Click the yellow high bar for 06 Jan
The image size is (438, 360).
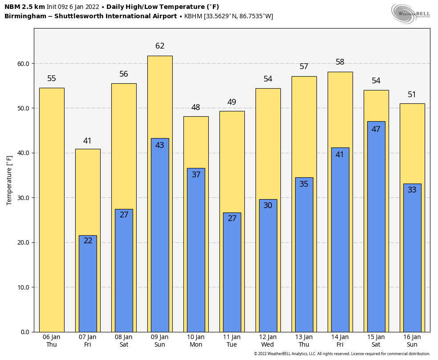point(52,209)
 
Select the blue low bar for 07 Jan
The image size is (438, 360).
point(88,285)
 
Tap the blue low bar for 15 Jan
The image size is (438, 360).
point(376,232)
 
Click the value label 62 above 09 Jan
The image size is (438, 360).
point(160,46)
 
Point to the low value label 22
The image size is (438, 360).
point(88,241)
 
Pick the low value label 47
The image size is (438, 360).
point(376,129)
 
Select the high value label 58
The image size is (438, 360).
point(340,62)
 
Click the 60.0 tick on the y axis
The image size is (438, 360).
point(24,64)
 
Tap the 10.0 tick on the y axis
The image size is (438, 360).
point(24,287)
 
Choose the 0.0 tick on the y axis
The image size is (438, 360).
point(25,332)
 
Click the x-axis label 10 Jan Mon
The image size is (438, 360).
point(196,341)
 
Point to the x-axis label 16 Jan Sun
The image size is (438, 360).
point(412,341)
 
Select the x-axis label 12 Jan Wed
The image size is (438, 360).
point(268,341)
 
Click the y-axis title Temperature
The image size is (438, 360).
point(9,180)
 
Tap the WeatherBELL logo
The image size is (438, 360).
point(410,13)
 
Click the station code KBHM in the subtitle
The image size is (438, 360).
point(193,16)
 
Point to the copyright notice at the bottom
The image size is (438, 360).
point(342,354)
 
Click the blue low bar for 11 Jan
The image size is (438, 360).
point(232,276)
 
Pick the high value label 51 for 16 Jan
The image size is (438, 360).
point(412,94)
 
